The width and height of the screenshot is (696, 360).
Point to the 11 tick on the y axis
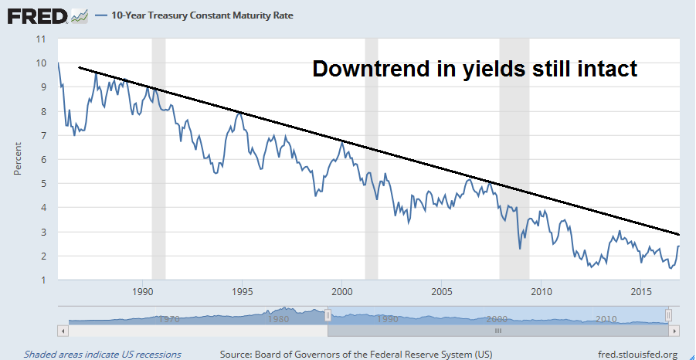[42, 39]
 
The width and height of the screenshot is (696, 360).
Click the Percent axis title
[17, 159]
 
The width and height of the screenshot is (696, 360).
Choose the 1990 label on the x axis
[142, 292]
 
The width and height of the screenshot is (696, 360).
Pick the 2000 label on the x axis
[341, 292]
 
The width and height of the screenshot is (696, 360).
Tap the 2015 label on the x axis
[640, 292]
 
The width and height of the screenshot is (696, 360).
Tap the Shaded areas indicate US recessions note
[102, 355]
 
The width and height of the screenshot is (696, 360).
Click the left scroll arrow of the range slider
[63, 330]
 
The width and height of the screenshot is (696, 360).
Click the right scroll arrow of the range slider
[674, 330]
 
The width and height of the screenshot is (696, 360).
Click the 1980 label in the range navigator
[278, 318]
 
